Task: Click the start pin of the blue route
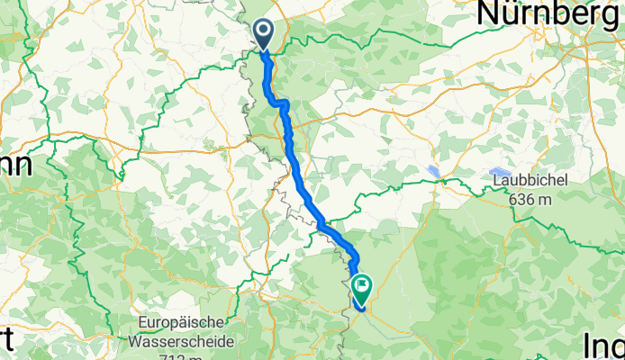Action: (264, 34)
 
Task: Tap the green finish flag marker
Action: (363, 288)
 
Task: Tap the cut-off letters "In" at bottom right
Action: (603, 346)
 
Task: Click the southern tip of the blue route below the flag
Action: (361, 308)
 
